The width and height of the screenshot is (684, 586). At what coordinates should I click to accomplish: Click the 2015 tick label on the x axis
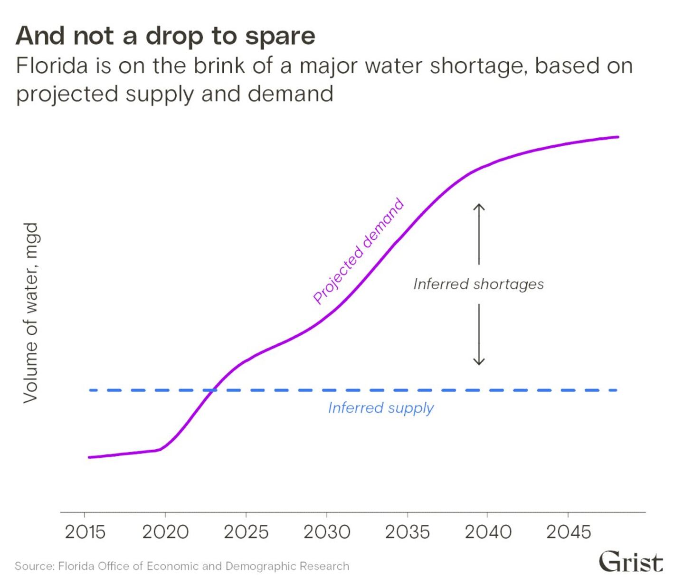85,532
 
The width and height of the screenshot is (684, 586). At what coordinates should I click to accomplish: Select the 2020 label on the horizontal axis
165,532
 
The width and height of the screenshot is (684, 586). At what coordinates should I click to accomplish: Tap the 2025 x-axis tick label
246,532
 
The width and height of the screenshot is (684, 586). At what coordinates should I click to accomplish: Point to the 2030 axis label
327,532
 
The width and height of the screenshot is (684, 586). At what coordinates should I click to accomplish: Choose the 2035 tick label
407,532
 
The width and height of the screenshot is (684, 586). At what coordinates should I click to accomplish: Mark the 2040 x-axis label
488,532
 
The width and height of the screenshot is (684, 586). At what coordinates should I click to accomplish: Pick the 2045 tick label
569,532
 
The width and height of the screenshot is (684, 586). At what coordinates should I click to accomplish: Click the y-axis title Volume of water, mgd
31,313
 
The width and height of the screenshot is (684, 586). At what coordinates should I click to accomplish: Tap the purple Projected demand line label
359,251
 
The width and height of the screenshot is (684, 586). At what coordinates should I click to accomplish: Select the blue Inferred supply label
380,408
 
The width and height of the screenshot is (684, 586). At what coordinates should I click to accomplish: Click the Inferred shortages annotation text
478,284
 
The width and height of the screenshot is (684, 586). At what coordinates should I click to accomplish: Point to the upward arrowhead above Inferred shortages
479,206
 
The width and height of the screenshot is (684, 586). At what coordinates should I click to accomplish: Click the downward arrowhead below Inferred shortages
479,363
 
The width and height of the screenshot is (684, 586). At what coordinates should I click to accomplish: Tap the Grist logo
631,562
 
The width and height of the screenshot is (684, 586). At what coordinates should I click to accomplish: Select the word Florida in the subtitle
52,66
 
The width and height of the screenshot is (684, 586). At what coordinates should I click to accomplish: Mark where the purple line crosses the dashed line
210,390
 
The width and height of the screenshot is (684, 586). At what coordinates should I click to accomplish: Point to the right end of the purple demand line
617,137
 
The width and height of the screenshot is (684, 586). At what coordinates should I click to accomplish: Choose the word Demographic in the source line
261,566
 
